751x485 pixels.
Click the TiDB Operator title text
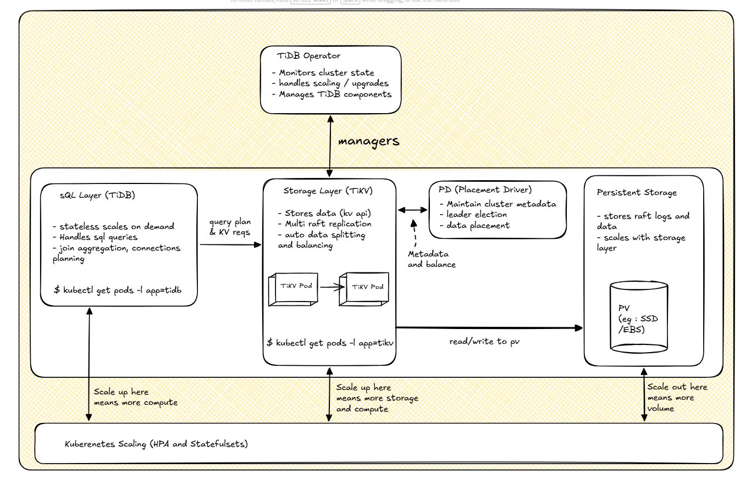(x=308, y=55)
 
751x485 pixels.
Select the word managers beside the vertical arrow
(x=369, y=141)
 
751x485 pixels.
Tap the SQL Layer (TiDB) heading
(x=97, y=196)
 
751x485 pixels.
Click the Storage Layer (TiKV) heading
(x=328, y=191)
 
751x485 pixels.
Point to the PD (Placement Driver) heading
(x=485, y=190)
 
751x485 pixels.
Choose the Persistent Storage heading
(x=637, y=193)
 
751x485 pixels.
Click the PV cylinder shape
(x=639, y=317)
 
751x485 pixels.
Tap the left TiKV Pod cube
(x=293, y=289)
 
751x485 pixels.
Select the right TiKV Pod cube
(x=364, y=289)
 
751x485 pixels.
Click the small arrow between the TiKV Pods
(x=332, y=287)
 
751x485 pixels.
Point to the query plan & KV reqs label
(x=230, y=227)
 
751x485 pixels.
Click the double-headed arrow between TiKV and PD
(x=413, y=210)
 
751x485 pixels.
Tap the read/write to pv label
(x=484, y=342)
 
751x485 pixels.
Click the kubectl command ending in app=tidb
(x=118, y=291)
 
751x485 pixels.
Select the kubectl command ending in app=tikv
(x=330, y=343)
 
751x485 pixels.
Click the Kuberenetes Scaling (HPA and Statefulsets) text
(x=156, y=444)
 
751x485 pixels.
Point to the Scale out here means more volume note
(x=677, y=398)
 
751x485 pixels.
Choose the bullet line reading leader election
(x=473, y=215)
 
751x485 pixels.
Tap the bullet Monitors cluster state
(x=323, y=73)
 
